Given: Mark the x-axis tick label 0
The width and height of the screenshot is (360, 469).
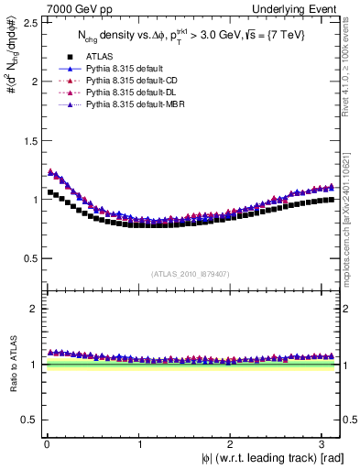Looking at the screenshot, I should point(46,444).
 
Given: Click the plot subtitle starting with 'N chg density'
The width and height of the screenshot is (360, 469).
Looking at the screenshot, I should point(191,36).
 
